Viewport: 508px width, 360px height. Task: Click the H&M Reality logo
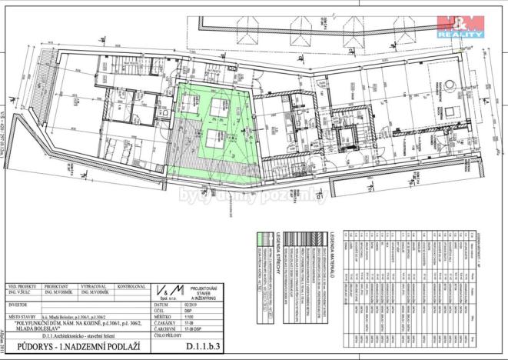[460, 25]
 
